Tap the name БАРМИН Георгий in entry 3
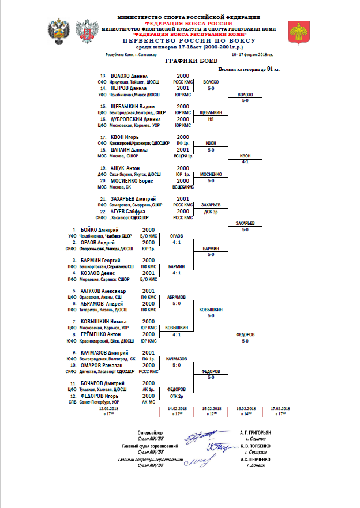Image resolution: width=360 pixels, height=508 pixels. coord(101,261)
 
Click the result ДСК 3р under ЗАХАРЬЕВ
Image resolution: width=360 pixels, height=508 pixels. coord(211,212)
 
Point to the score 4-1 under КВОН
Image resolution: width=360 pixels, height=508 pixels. coord(245,162)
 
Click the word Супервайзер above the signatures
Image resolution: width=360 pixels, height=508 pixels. coord(151,432)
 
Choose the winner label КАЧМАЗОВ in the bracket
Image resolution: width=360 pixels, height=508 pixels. coord(176,359)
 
